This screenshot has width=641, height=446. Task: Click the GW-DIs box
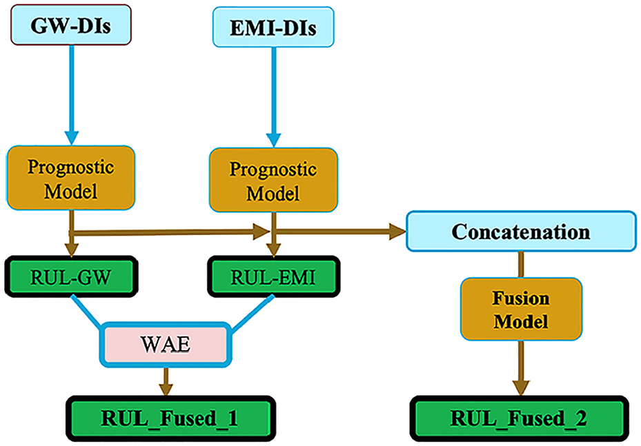point(70,25)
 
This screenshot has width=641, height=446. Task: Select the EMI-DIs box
point(273,27)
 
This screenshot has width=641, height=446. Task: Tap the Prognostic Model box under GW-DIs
point(70,178)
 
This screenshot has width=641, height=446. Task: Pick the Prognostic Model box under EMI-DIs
point(273,180)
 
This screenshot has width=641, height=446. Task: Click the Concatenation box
point(521,231)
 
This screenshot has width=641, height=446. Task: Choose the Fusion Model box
point(521,310)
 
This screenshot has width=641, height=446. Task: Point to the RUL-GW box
point(71,276)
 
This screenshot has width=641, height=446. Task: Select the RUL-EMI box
point(273,276)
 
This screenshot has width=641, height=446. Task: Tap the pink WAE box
point(166,344)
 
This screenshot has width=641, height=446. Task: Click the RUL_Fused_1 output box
point(170,418)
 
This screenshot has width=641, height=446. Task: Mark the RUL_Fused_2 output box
point(519,418)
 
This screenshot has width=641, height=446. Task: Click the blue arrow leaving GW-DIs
point(72,95)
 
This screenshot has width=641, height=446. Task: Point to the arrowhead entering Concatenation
point(397,231)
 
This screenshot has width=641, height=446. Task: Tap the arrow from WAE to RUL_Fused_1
point(166,381)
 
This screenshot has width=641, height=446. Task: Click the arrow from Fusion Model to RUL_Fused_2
point(521,368)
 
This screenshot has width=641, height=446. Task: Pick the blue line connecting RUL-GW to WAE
point(86,311)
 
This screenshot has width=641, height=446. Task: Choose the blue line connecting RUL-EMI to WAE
point(253,311)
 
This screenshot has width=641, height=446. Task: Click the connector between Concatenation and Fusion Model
point(521,265)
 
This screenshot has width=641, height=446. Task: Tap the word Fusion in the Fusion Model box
point(520,298)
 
